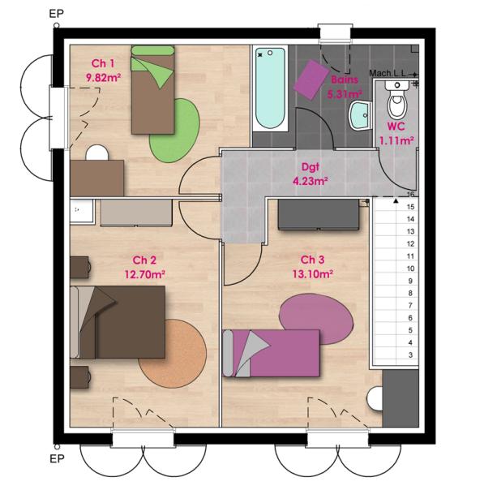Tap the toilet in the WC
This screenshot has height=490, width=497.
[396, 104]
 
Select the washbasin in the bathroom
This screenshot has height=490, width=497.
[358, 118]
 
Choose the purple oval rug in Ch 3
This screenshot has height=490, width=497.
[316, 316]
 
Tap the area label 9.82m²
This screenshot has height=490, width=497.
[103, 78]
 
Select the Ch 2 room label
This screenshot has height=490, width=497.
[144, 260]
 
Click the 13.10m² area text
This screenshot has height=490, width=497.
[313, 273]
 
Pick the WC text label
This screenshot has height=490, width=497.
[396, 127]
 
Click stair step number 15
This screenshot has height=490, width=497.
[411, 207]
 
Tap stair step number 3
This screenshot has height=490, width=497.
[411, 355]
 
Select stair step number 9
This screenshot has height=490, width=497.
[411, 281]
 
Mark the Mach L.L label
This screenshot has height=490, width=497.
[387, 72]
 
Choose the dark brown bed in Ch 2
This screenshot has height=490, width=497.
[121, 323]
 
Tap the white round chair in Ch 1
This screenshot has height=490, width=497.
[96, 153]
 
